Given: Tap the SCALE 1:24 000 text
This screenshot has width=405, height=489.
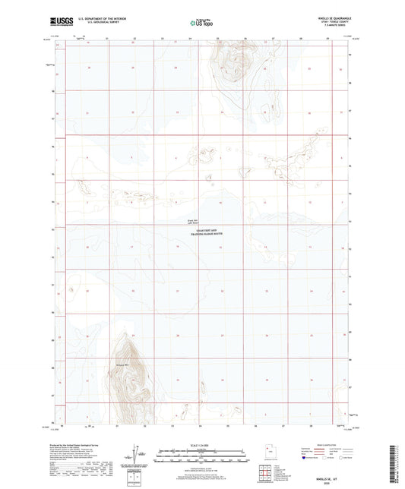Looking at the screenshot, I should (201, 445).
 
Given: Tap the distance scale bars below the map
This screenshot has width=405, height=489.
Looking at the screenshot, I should (201, 457).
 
